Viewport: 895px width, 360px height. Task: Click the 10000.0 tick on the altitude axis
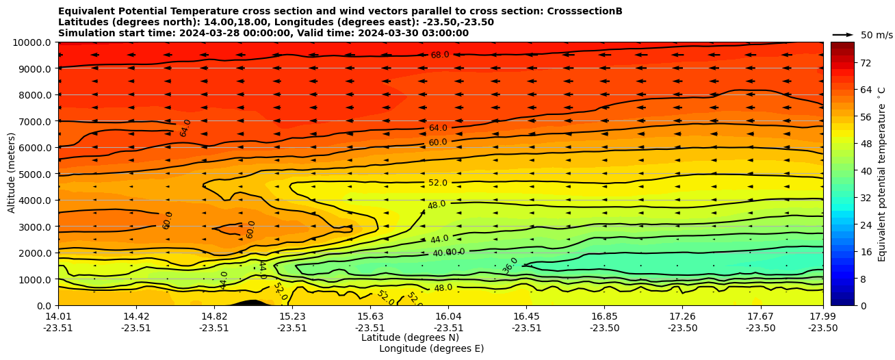[32, 42]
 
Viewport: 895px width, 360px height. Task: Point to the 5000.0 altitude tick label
[34, 174]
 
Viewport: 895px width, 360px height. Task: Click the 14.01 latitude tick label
[58, 316]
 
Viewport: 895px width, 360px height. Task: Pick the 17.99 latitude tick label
[822, 316]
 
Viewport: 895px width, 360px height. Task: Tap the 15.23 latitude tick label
[292, 316]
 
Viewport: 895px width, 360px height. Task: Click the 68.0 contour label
[440, 55]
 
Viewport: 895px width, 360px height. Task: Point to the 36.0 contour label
[510, 266]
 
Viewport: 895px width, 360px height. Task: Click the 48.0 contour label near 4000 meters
[437, 205]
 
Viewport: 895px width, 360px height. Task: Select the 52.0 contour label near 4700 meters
[438, 183]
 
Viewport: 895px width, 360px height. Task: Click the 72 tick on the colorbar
[865, 63]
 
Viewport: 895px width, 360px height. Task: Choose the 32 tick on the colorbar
[865, 198]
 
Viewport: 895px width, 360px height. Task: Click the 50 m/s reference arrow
[843, 35]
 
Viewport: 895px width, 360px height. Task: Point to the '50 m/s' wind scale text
[877, 35]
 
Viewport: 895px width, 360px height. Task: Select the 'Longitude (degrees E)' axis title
[431, 348]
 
